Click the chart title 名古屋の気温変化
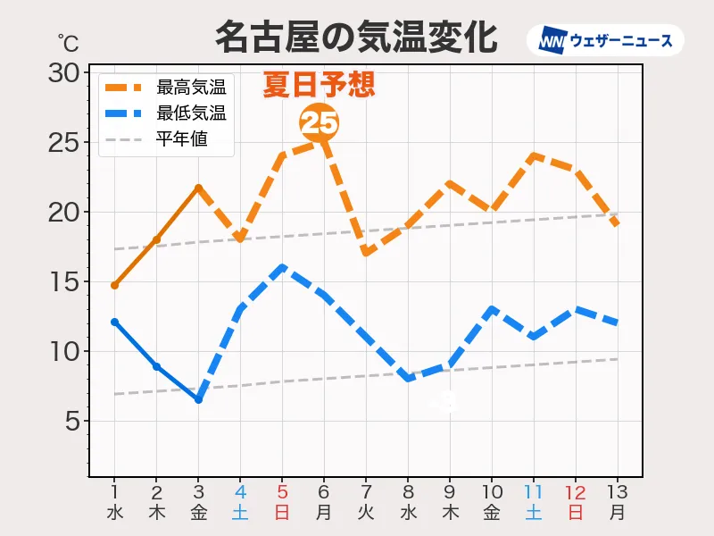355,38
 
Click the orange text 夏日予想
319,85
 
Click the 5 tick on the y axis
73,421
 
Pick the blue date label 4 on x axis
240,492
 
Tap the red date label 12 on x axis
576,492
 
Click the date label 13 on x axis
618,492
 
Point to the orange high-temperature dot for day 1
114,285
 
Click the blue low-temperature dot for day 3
198,399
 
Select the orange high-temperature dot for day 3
198,188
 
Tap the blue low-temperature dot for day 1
114,322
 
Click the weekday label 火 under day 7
366,513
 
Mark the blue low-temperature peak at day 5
282,267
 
